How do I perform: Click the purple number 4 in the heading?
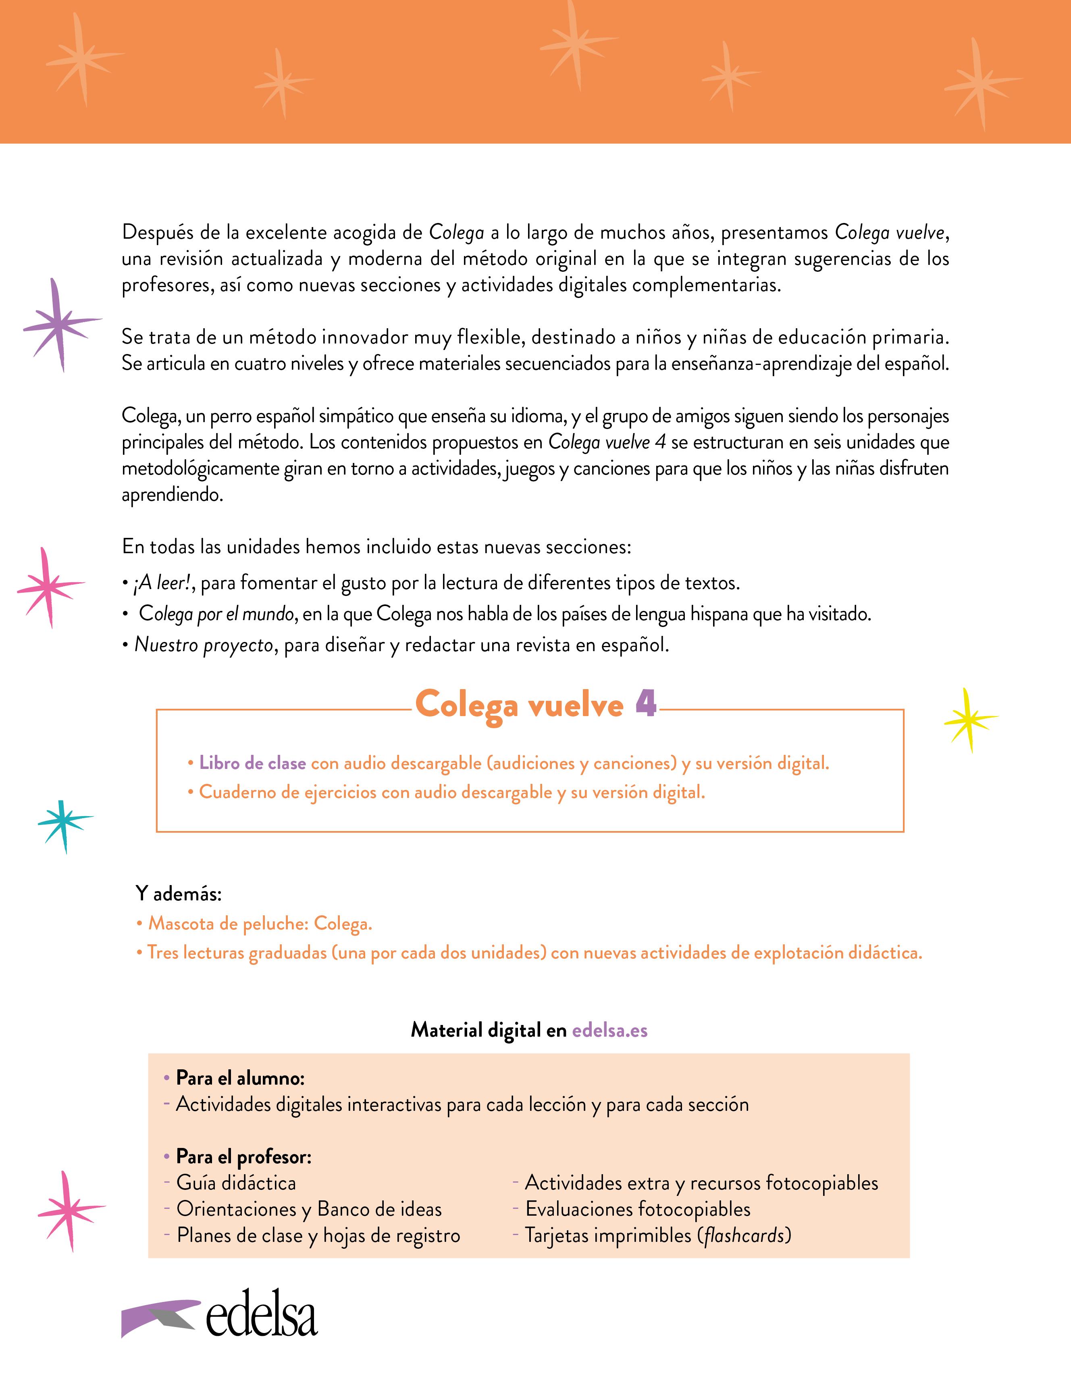click(x=645, y=703)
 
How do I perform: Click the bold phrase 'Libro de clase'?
click(x=252, y=763)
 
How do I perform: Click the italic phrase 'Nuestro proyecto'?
click(x=204, y=645)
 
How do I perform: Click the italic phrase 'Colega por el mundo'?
click(x=216, y=613)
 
